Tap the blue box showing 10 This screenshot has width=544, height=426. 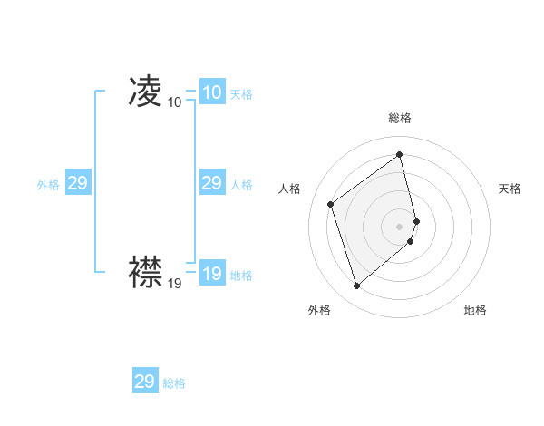(212, 92)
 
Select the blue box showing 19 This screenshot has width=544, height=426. (212, 274)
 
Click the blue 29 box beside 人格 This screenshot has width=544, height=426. (212, 183)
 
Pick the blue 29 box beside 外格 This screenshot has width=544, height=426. (78, 183)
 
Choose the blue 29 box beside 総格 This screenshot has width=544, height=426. (145, 382)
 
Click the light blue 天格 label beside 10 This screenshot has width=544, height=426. (241, 94)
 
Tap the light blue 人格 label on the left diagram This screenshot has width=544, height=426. (241, 185)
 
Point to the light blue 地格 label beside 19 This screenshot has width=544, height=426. (241, 276)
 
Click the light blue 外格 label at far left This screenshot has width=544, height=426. (48, 185)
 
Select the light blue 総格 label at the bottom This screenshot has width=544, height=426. (174, 383)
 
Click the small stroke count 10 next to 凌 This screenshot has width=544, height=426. (174, 102)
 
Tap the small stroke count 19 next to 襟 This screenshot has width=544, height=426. (174, 284)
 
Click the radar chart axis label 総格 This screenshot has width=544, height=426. (400, 118)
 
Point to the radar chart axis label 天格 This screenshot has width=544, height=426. (510, 189)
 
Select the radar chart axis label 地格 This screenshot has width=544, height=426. (475, 310)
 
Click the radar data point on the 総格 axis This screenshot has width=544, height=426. (400, 155)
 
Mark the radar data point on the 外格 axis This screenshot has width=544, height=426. (356, 286)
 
